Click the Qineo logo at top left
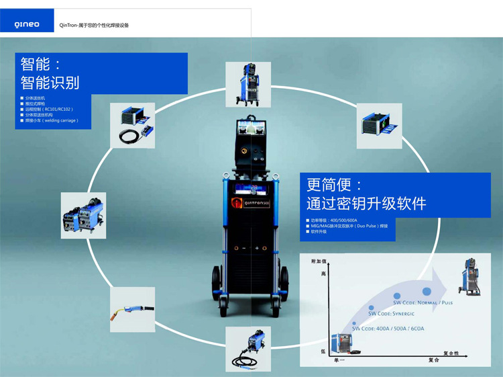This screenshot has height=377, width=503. click(27, 25)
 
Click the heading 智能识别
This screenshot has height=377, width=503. click(50, 83)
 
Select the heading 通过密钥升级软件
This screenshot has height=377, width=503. click(366, 203)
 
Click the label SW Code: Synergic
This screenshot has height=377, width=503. click(392, 313)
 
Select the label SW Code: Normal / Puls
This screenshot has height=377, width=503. click(430, 302)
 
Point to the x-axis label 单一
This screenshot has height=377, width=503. click(339, 361)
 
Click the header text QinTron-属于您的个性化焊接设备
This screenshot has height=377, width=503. click(94, 25)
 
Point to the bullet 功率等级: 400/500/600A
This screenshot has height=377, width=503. click(333, 220)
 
